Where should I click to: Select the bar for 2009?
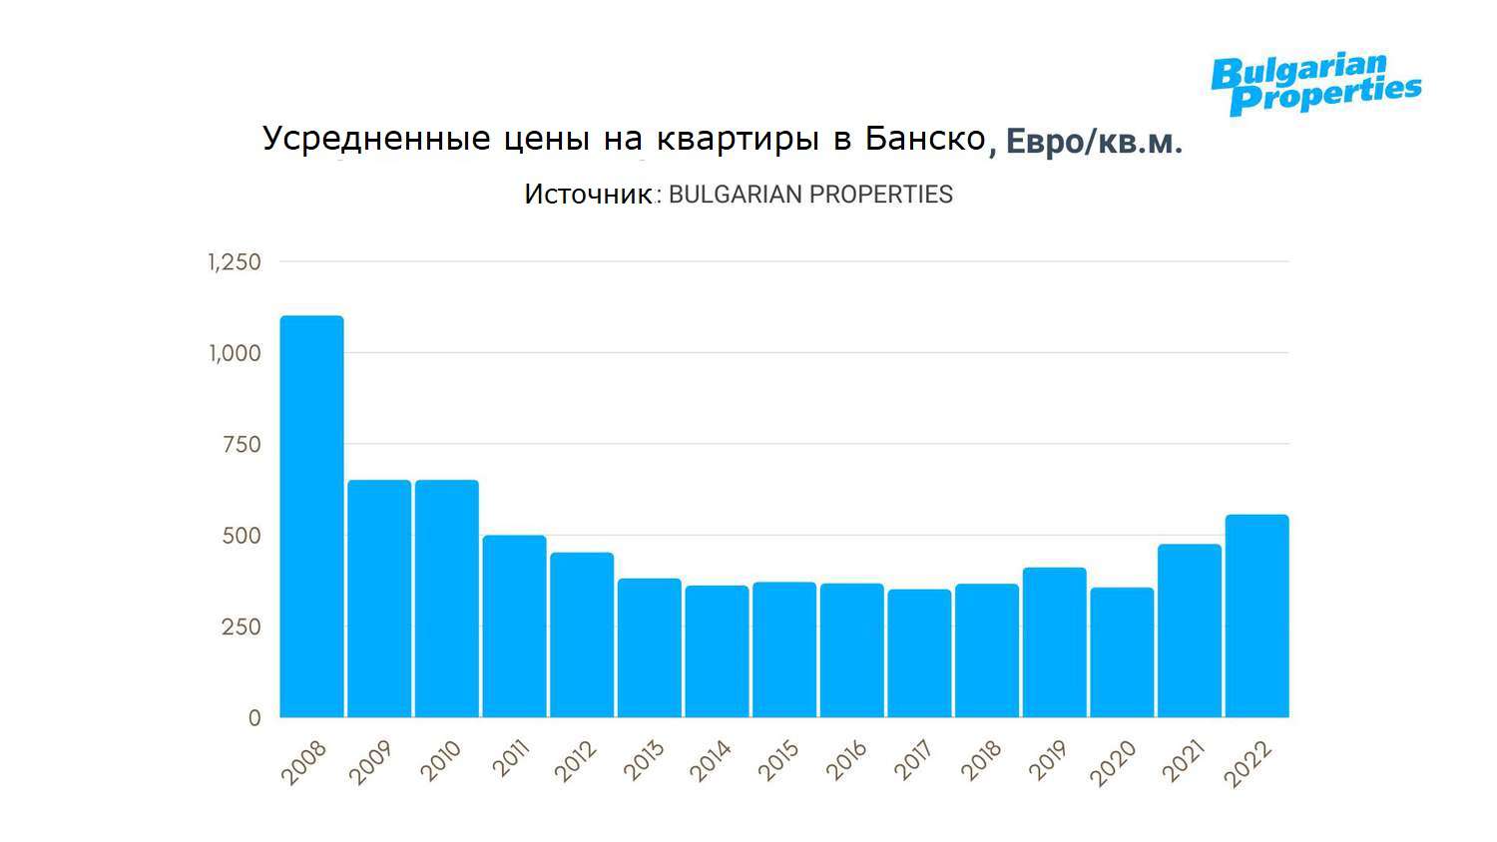[x=379, y=599]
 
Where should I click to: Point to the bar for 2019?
[x=1054, y=642]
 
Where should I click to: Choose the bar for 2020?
[x=1122, y=652]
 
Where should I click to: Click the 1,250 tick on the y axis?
[x=235, y=262]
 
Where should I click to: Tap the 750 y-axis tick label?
[x=241, y=445]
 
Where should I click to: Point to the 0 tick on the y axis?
[x=254, y=718]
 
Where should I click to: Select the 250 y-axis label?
[x=241, y=628]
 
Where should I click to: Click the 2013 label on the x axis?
[x=644, y=761]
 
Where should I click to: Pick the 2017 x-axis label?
[x=914, y=761]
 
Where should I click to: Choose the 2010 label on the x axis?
[x=441, y=761]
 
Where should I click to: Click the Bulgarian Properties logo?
[x=1315, y=84]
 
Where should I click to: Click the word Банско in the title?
[x=925, y=139]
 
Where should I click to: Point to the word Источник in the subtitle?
[x=588, y=195]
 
